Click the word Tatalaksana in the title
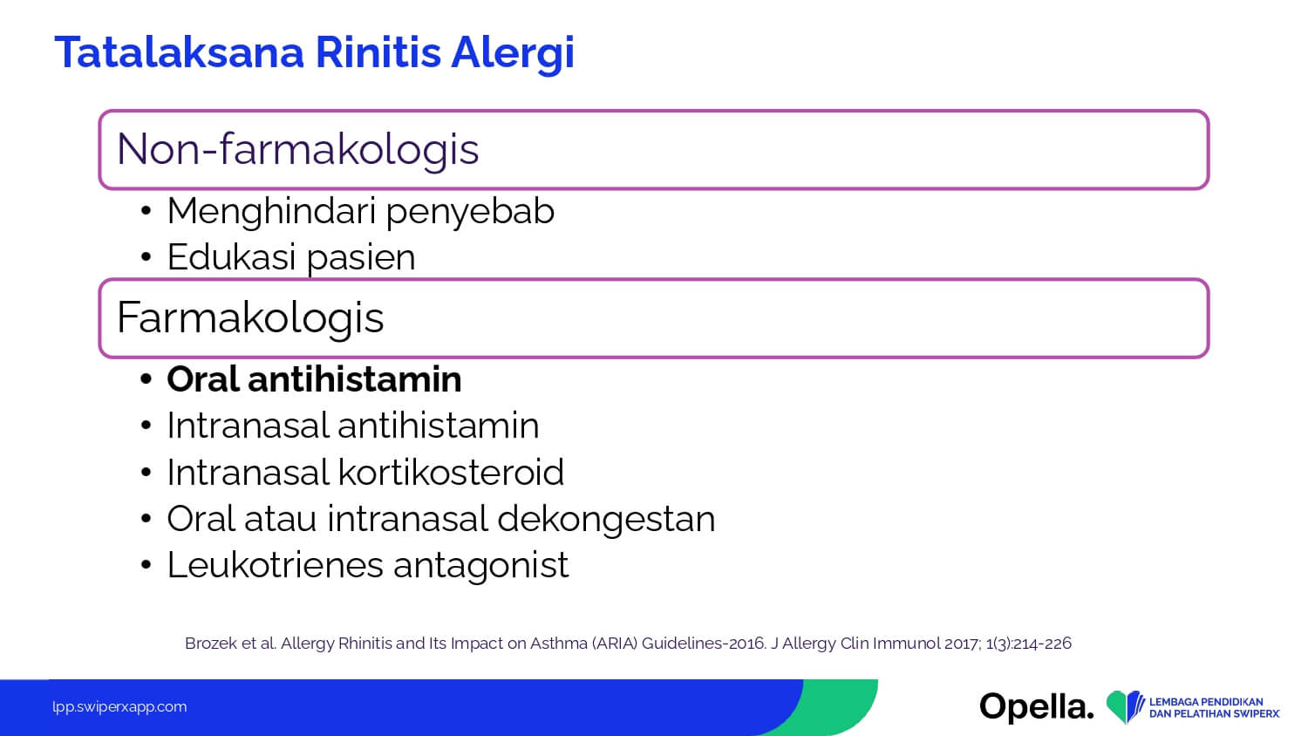click(180, 52)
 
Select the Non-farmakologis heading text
click(298, 150)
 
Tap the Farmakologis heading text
click(250, 318)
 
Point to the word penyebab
click(470, 213)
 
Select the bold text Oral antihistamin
click(314, 379)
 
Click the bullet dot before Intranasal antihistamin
click(146, 426)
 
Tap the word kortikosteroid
click(451, 472)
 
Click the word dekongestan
click(606, 520)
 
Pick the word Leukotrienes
click(276, 565)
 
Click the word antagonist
click(481, 567)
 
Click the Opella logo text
click(1037, 707)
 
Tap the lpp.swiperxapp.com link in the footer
click(119, 707)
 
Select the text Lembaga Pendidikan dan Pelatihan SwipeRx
click(1215, 707)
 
